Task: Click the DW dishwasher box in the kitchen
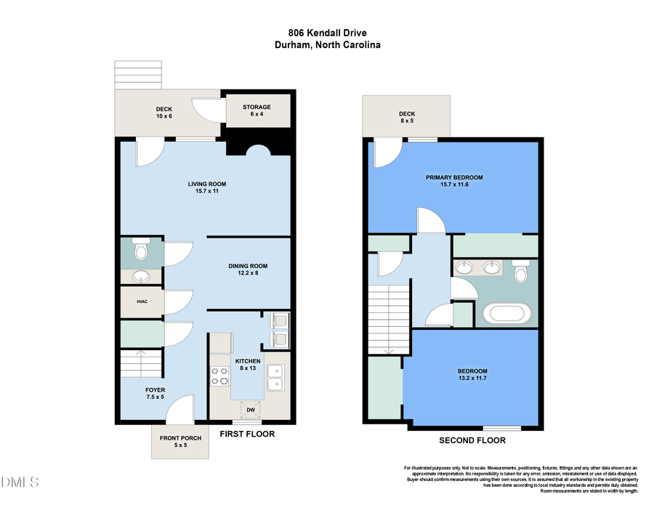251,410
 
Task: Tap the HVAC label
142,302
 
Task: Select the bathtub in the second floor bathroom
507,315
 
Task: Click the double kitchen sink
275,377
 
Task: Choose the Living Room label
203,187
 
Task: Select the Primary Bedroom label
454,181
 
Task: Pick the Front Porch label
171,440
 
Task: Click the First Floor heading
247,434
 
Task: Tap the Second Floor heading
472,440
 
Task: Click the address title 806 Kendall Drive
327,33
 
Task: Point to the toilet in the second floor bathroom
521,272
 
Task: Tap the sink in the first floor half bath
141,276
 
